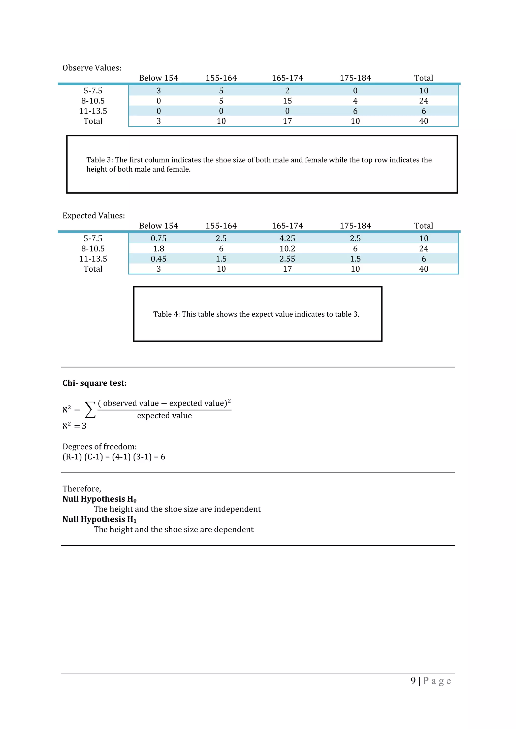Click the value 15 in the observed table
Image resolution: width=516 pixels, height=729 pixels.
point(287,101)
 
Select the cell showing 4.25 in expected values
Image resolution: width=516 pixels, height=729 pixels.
point(287,238)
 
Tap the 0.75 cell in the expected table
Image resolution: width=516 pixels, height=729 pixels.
point(158,238)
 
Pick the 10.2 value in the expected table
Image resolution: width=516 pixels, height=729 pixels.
point(287,249)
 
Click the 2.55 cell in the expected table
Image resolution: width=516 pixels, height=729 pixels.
point(287,259)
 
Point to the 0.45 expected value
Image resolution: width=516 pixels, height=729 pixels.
point(158,259)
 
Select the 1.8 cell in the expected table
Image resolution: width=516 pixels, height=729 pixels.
point(158,249)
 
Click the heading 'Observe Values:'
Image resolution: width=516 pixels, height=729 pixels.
point(92,68)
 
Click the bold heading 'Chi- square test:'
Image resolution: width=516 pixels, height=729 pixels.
point(94,383)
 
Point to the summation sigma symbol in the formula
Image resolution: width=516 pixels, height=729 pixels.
point(90,410)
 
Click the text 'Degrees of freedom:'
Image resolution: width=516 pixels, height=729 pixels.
point(100,447)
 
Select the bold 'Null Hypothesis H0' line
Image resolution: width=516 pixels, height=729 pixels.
point(99,499)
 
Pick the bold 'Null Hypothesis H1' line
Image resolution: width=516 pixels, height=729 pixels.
point(99,520)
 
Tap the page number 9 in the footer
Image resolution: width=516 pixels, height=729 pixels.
point(413,681)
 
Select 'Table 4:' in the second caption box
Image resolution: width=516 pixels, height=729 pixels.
point(166,314)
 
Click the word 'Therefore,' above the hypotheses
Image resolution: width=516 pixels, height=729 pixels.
point(82,489)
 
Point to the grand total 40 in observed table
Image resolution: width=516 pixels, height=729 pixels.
point(424,121)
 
